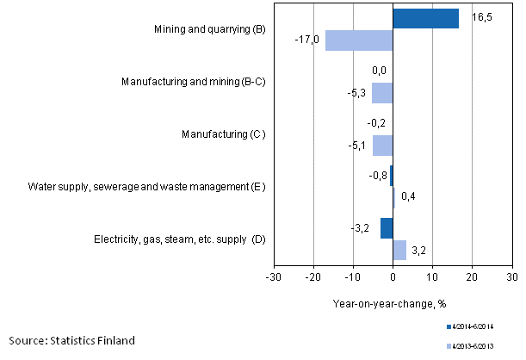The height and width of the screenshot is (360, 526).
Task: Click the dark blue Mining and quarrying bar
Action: point(425,19)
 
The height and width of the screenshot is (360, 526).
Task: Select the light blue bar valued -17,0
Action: point(359,40)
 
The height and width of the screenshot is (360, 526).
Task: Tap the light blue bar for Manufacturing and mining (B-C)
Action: point(382,93)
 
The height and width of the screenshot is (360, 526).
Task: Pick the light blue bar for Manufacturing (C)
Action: point(382,145)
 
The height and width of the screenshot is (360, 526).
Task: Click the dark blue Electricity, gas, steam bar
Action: point(387,228)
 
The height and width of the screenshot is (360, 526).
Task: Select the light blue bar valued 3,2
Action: point(399,250)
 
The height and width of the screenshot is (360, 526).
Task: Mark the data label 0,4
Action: point(408,197)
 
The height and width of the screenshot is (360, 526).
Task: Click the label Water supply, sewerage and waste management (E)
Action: point(146,186)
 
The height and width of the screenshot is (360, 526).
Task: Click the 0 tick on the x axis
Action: point(393,277)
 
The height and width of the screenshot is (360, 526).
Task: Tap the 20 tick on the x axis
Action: point(471,277)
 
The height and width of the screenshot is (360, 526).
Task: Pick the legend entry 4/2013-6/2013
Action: point(473,347)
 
